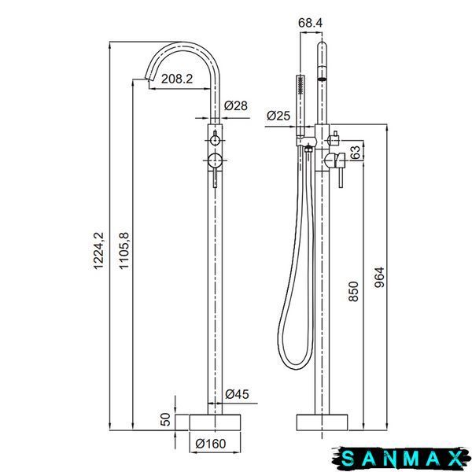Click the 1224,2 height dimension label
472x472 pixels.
(98, 250)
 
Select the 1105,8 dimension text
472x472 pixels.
(124, 250)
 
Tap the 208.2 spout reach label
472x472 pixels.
(177, 79)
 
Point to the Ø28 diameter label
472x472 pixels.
(236, 105)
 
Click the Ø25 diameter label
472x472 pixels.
(278, 116)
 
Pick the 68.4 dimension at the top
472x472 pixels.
(311, 23)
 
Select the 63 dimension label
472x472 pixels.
(356, 153)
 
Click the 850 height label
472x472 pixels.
(353, 291)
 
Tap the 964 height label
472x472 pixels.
(379, 277)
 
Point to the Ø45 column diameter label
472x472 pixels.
(238, 394)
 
